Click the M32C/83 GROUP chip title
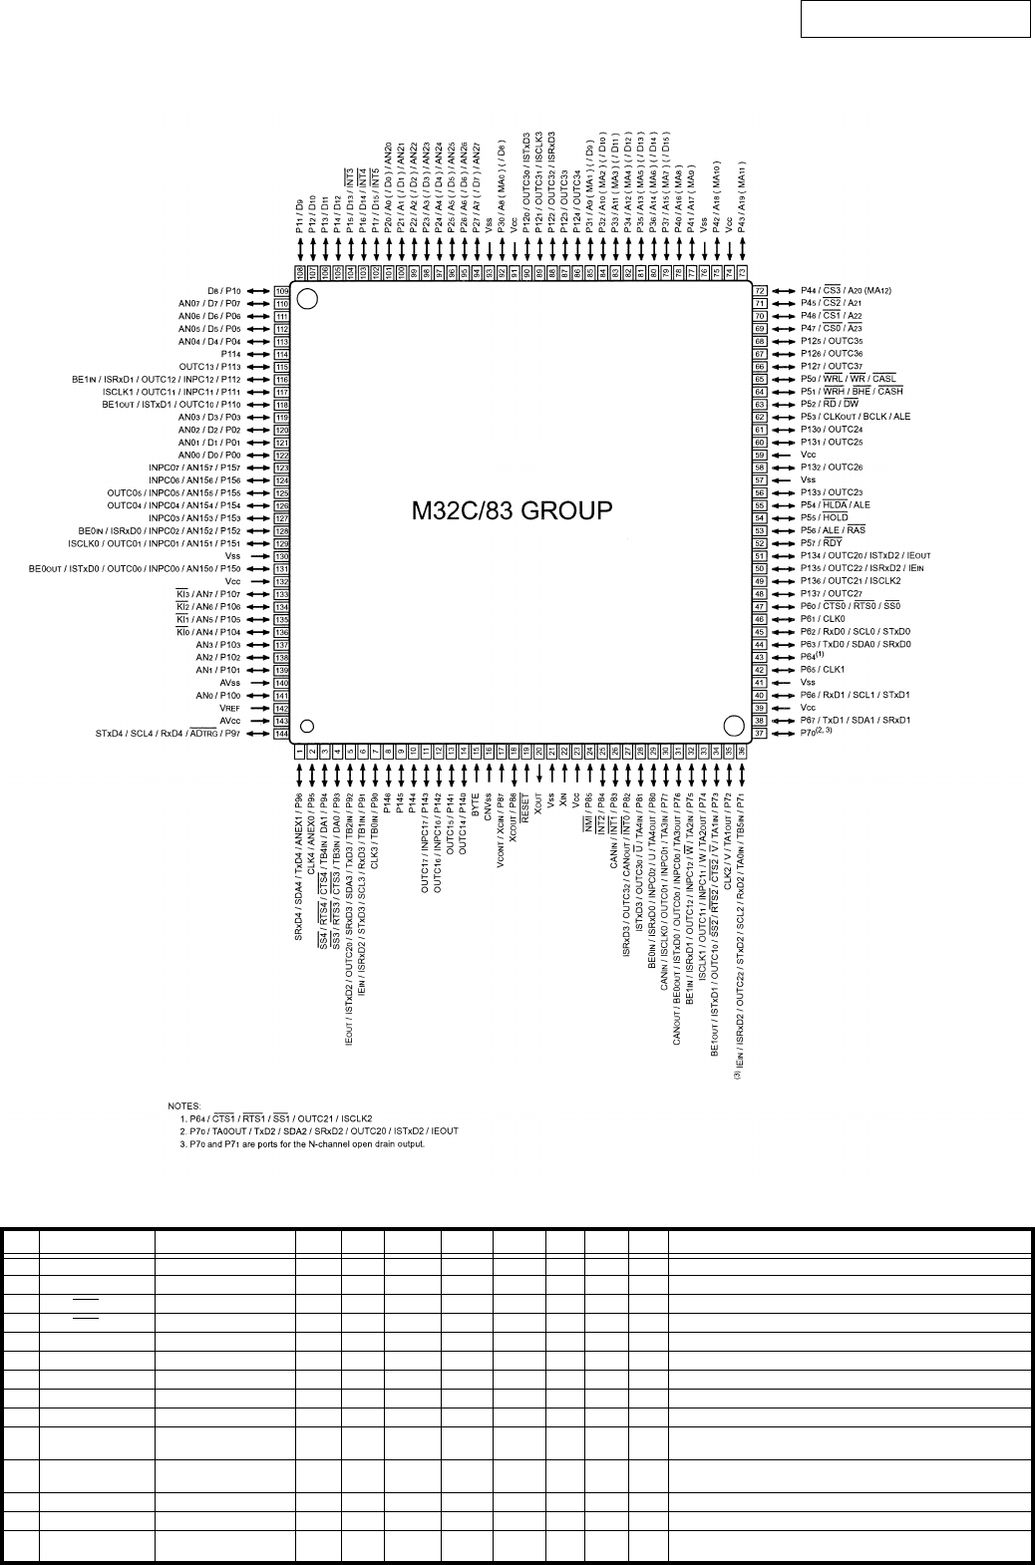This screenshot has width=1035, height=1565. tap(512, 511)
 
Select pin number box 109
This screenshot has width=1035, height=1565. tap(281, 291)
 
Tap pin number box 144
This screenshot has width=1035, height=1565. tap(281, 734)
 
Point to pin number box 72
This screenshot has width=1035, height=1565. tap(760, 290)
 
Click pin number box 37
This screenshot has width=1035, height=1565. tap(760, 733)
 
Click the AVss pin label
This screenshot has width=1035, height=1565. tap(231, 683)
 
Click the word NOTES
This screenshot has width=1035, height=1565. tap(183, 1105)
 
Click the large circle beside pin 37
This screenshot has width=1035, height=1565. tap(734, 725)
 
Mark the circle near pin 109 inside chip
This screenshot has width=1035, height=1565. tap(308, 298)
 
